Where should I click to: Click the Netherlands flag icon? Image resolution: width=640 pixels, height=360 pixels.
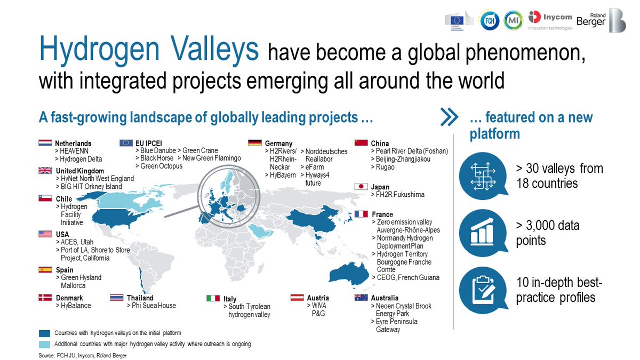45,143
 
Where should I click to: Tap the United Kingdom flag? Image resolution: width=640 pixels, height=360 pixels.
45,171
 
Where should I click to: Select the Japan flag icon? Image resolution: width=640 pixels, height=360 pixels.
362,187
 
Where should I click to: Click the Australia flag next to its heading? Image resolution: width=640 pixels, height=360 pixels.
362,298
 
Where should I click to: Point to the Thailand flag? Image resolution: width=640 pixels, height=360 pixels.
117,298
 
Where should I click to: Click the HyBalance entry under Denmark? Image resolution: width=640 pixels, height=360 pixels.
73,306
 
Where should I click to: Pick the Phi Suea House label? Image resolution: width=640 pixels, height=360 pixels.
151,306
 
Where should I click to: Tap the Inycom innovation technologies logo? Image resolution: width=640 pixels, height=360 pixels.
550,20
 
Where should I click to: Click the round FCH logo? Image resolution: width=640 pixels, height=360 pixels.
489,20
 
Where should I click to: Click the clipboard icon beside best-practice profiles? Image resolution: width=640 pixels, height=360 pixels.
482,286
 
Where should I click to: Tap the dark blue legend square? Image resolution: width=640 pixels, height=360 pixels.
45,333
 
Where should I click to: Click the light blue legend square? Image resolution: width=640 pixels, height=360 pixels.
45,344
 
